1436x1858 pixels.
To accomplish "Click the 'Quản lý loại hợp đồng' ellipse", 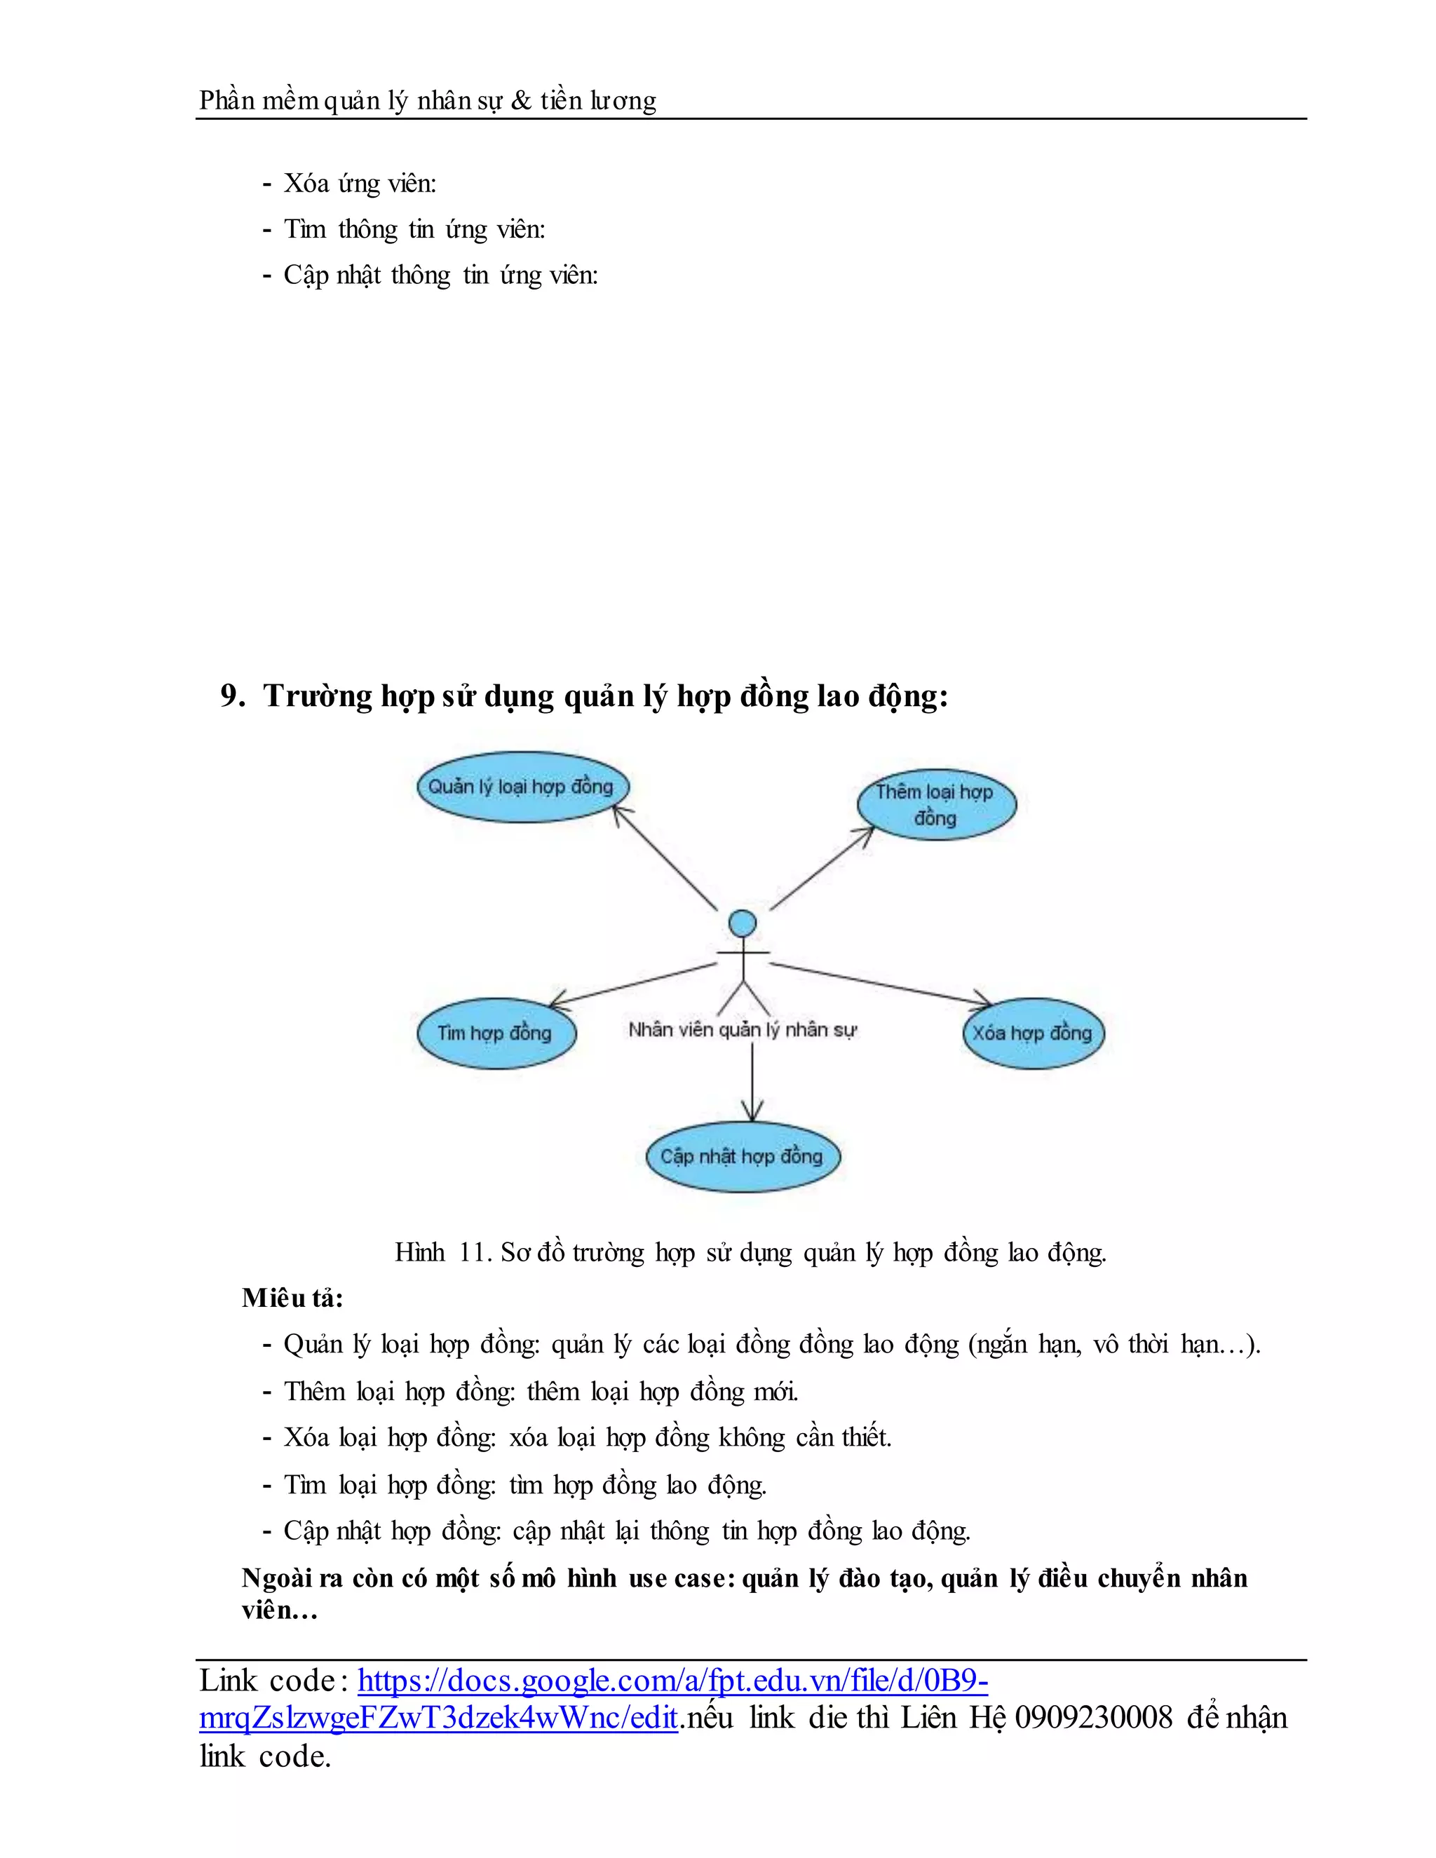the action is click(522, 787).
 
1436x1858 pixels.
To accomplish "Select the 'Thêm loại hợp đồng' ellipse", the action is click(936, 805).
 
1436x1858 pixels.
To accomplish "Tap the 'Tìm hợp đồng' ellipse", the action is click(496, 1033).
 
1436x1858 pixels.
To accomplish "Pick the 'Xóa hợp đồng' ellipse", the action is click(1033, 1033).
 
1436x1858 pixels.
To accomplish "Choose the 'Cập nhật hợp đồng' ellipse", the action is click(742, 1156).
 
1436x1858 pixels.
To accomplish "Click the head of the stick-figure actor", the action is click(743, 923).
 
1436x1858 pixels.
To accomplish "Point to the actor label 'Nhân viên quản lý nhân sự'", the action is click(742, 1030).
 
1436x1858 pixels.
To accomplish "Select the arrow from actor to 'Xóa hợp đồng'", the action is click(881, 984).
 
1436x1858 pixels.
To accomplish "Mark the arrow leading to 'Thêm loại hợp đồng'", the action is click(822, 868).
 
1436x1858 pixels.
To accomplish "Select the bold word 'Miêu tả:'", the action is click(292, 1297).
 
